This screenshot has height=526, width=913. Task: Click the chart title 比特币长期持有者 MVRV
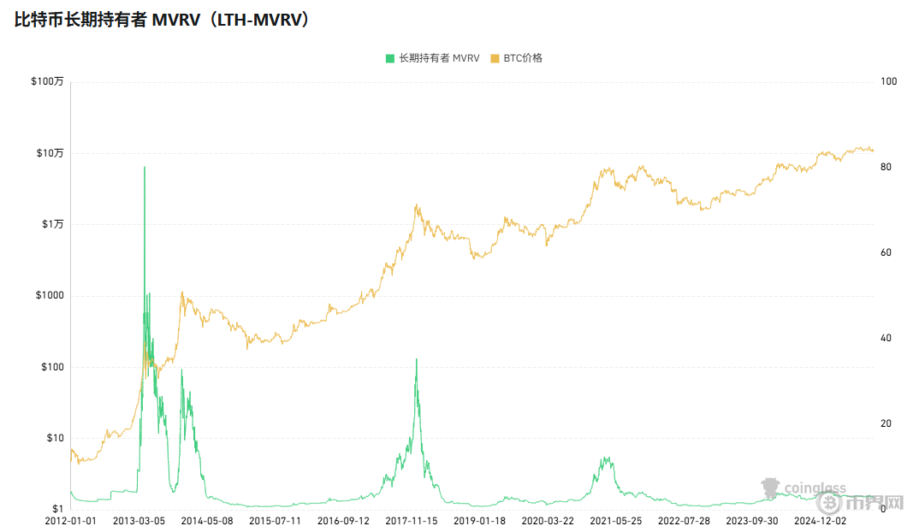point(163,21)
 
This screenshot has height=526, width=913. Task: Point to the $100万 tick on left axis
point(47,82)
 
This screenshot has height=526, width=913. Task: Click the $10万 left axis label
point(50,153)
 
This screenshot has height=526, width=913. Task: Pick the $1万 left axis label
point(52,224)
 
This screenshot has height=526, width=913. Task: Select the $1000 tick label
point(50,296)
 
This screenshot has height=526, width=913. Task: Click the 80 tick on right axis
point(888,167)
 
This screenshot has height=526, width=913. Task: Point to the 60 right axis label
point(888,252)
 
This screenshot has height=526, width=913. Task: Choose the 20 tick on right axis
point(888,423)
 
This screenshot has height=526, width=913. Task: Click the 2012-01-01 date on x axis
point(71,519)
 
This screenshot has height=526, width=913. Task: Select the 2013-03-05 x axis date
point(139,519)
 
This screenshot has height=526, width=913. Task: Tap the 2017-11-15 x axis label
point(411,519)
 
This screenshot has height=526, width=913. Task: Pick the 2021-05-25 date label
point(616,519)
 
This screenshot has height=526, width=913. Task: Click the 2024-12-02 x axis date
point(821,519)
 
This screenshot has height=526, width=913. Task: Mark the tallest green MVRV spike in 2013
point(144,168)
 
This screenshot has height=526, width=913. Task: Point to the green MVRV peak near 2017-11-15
point(417,359)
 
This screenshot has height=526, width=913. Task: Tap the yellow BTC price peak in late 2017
point(417,205)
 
